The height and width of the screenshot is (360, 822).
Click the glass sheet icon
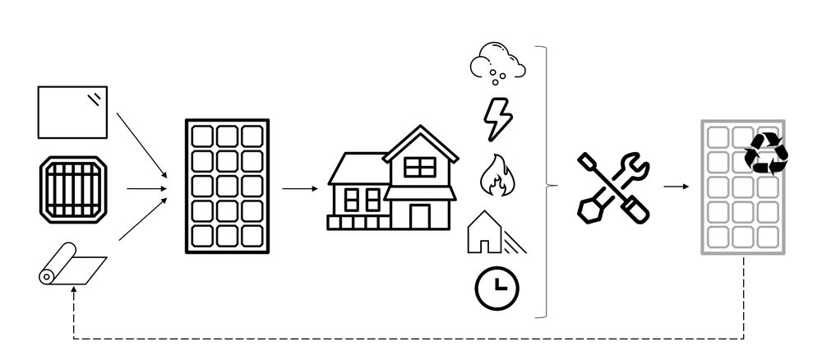(x=72, y=113)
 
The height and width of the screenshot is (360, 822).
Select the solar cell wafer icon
(x=73, y=190)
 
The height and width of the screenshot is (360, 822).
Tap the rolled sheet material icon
(x=72, y=268)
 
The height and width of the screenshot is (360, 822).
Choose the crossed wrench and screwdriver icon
(x=613, y=187)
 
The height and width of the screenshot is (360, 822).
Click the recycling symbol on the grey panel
(x=766, y=153)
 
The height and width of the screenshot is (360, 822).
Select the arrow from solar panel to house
(x=300, y=188)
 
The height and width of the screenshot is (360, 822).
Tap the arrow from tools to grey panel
(x=677, y=187)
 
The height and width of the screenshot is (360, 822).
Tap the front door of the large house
(x=419, y=215)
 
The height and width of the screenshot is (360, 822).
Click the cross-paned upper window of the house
(x=419, y=167)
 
